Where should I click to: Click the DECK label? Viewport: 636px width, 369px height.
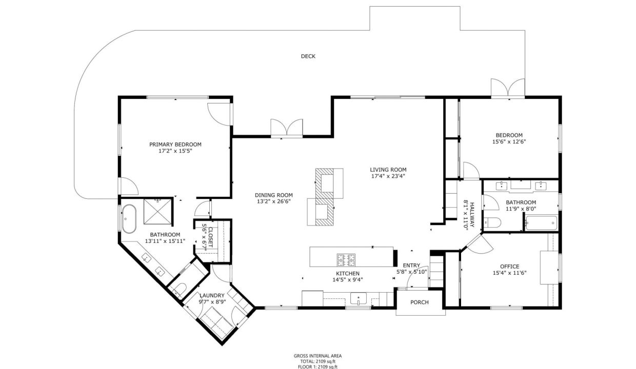pos(308,56)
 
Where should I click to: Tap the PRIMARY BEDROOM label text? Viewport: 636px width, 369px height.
pos(175,145)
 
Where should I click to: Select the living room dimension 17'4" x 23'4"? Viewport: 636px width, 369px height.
pos(388,176)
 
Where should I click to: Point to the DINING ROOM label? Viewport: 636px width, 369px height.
pos(274,195)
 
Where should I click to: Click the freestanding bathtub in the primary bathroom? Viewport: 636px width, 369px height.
pos(129,219)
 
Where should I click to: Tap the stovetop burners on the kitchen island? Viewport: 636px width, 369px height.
pos(346,260)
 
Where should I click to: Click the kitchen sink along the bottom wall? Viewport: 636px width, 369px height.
pos(359,299)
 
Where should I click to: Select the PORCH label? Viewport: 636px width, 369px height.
pos(420,302)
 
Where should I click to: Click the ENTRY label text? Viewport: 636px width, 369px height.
pos(411,265)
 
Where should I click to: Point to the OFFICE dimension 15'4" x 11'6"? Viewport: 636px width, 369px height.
pos(510,273)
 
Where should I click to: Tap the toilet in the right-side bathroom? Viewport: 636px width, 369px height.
pos(492,222)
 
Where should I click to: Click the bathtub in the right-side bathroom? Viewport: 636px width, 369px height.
pos(541,223)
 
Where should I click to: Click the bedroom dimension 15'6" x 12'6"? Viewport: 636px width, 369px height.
pos(509,141)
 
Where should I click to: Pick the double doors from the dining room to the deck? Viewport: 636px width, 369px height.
pos(287,128)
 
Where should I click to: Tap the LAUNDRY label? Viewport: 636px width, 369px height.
pos(212,296)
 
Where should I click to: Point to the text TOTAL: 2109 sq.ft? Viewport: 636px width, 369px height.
pos(317,361)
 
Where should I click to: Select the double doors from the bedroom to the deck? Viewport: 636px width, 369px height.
pos(508,88)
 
